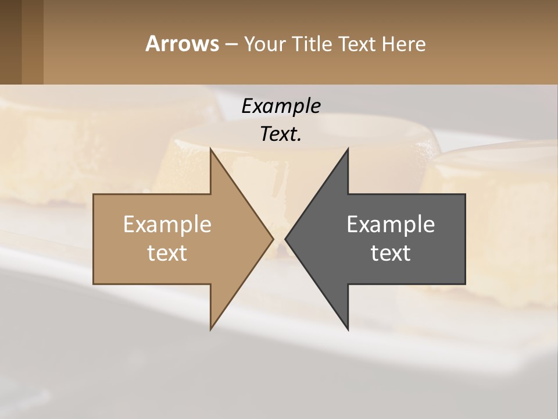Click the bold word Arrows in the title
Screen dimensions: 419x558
182,44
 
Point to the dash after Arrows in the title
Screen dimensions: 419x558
231,45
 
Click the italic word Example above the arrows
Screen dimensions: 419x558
281,106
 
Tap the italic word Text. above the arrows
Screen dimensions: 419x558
281,134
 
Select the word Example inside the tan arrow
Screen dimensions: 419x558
167,224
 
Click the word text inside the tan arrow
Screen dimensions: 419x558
167,253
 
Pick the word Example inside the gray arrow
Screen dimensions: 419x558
391,224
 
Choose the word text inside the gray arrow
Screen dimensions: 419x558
391,253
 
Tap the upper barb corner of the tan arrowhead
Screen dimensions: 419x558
211,149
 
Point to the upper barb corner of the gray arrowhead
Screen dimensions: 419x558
348,149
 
